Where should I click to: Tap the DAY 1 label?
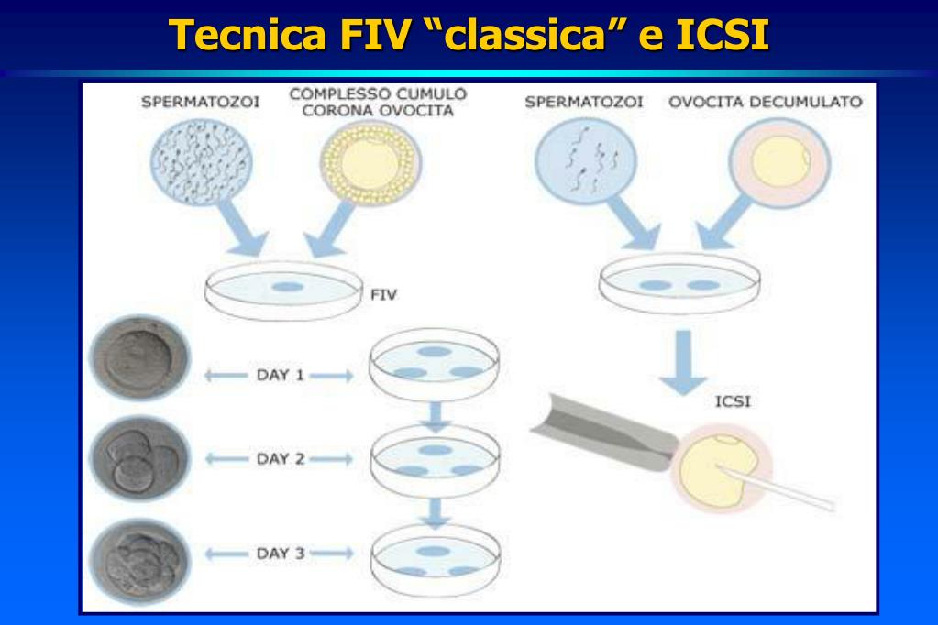(279, 375)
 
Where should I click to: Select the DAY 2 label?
(279, 459)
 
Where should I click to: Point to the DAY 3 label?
(279, 553)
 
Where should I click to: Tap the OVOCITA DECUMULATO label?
(765, 103)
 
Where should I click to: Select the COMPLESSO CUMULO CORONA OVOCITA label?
(378, 102)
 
